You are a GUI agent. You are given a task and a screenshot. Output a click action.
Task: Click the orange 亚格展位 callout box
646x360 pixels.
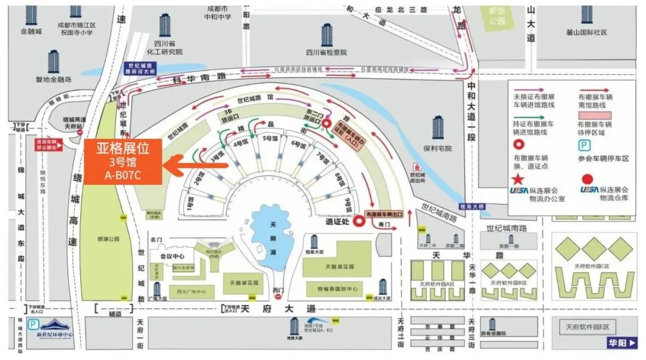(123, 161)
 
